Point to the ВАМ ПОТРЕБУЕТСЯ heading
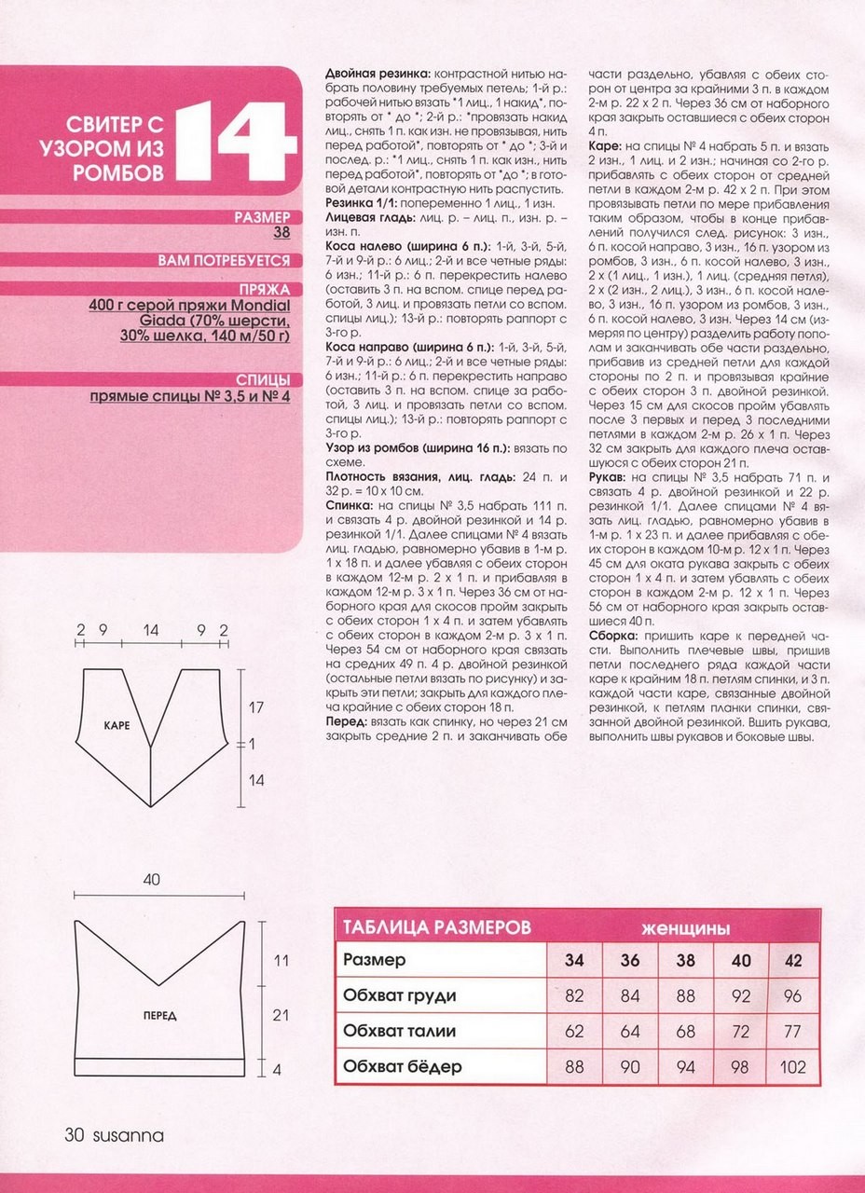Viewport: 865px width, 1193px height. pyautogui.click(x=224, y=260)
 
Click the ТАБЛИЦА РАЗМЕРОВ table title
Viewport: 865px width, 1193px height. pyautogui.click(x=437, y=928)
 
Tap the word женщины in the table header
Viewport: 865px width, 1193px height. pyautogui.click(x=685, y=929)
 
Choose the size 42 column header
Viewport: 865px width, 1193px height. pyautogui.click(x=793, y=960)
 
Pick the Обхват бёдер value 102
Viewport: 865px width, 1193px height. pyautogui.click(x=793, y=1066)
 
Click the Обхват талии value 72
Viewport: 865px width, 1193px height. pyautogui.click(x=741, y=1031)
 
